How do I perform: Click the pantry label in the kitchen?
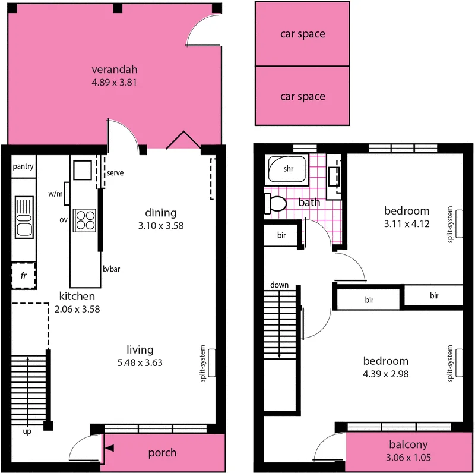[23, 166]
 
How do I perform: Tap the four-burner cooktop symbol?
[84, 219]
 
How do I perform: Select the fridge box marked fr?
[24, 276]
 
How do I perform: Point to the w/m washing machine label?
[55, 194]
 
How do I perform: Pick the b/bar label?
[112, 269]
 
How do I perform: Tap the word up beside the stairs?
[27, 431]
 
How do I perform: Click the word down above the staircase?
[279, 285]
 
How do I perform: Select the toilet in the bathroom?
[275, 204]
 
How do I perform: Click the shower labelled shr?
[287, 169]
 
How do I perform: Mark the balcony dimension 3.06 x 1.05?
[408, 459]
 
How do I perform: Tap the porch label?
[162, 453]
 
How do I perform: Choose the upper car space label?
[302, 34]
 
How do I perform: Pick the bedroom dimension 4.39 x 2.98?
[386, 374]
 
